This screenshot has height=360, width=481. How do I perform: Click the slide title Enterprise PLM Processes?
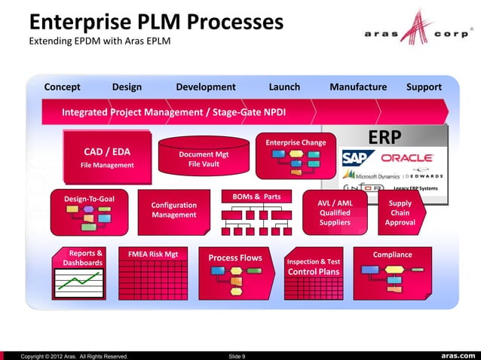(x=155, y=22)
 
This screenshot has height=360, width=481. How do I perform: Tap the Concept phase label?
(x=62, y=87)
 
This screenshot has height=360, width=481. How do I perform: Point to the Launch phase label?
(x=284, y=87)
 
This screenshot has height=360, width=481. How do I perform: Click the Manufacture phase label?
(x=358, y=87)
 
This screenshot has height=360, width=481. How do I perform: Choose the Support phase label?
(x=424, y=87)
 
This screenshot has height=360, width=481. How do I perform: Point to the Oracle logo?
(x=406, y=158)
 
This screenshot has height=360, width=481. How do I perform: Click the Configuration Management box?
(x=174, y=210)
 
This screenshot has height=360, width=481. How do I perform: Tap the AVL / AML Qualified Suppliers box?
(x=335, y=212)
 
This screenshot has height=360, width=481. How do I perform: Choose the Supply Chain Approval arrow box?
(x=400, y=212)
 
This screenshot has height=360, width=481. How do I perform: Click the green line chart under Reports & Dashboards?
(x=80, y=286)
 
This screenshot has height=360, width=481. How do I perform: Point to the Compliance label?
(x=392, y=255)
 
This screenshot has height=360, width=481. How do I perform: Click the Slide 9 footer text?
(x=236, y=355)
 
